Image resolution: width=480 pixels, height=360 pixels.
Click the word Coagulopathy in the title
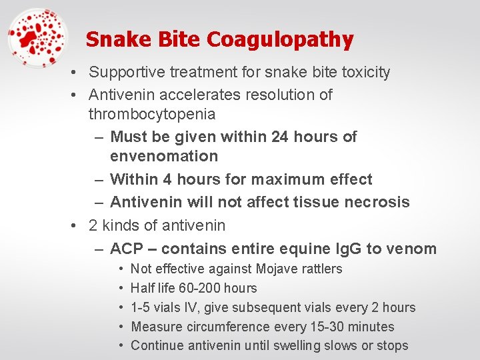[280, 40]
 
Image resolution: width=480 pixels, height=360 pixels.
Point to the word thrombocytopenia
[152, 114]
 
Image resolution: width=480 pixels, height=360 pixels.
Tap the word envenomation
[164, 157]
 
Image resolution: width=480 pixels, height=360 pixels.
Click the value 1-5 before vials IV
[141, 307]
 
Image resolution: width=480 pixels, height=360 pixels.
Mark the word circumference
[225, 327]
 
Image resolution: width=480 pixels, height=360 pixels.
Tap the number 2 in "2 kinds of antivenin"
[93, 225]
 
